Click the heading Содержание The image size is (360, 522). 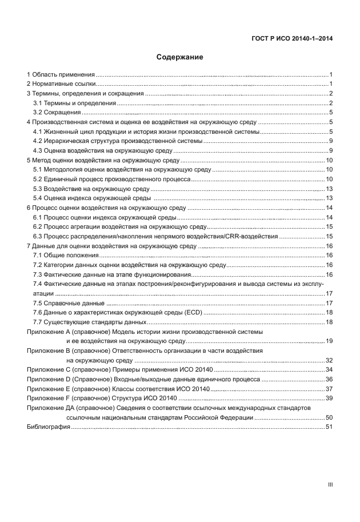[180, 57]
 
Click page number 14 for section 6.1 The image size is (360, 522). [329, 218]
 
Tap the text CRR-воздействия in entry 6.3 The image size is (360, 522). [255, 237]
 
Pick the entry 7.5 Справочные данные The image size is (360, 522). [69, 303]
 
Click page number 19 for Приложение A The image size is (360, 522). [329, 341]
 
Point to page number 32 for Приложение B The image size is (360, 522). [329, 361]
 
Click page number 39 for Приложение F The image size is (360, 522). [329, 398]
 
